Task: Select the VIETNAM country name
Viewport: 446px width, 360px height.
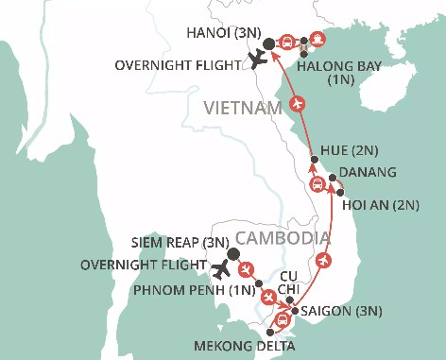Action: [244, 110]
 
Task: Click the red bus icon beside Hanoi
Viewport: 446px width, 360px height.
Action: [288, 43]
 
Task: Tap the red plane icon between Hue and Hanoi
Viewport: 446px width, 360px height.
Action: [298, 102]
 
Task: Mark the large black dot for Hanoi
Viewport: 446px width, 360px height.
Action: [268, 43]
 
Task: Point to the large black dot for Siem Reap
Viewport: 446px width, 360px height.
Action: [233, 253]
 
